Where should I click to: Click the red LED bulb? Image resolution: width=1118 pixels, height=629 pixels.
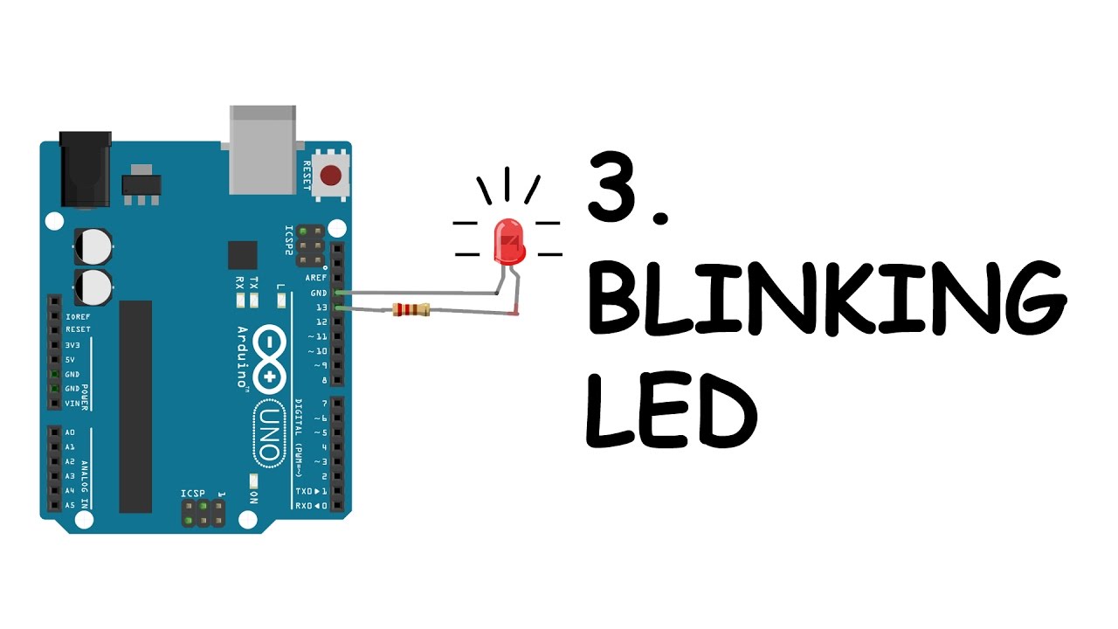tap(509, 241)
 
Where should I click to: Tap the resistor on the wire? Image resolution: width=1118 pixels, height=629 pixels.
tap(411, 308)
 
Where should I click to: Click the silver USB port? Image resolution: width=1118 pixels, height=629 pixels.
tap(265, 148)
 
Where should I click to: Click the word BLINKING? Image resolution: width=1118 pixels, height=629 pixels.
tap(825, 298)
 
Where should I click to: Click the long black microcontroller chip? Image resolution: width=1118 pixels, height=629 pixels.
tap(135, 406)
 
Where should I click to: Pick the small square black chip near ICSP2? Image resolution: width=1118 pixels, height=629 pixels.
tap(243, 255)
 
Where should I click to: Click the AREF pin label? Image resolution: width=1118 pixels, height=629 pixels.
tap(315, 277)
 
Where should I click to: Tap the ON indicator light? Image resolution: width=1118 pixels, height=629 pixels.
tap(253, 480)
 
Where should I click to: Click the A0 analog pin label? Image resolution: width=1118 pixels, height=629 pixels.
tap(70, 432)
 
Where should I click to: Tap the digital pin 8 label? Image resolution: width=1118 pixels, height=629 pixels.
tap(324, 381)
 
